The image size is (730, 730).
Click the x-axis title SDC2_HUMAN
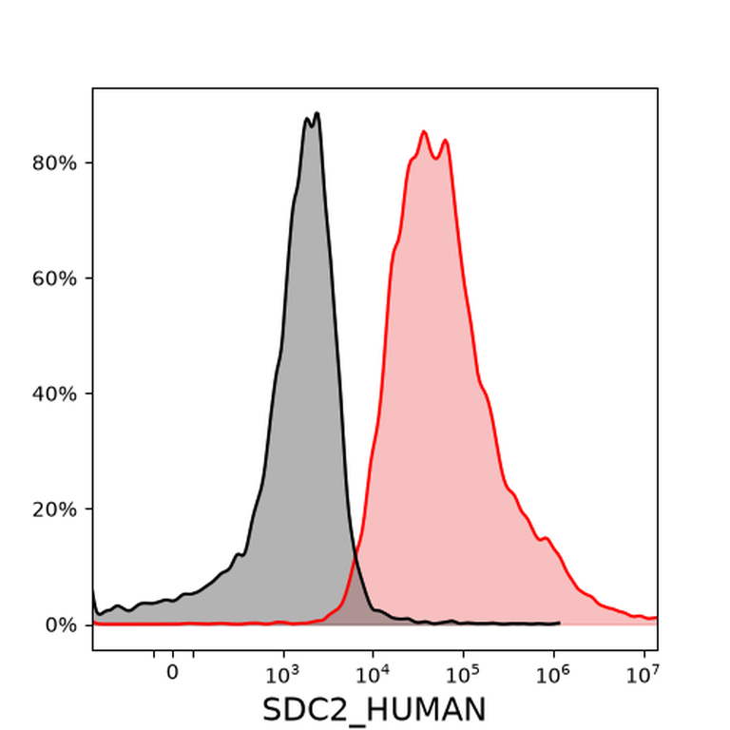click(x=374, y=709)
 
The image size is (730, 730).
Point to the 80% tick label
click(x=54, y=163)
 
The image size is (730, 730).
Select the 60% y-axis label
click(x=54, y=279)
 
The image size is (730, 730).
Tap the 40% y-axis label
click(x=54, y=394)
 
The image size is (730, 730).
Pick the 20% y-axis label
click(x=54, y=509)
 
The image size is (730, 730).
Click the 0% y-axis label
click(x=61, y=625)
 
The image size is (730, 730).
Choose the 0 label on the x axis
click(x=173, y=672)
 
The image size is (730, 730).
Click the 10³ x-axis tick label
click(x=281, y=674)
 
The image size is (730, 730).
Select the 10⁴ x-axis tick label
click(x=372, y=674)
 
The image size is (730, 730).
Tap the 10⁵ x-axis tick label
click(x=462, y=674)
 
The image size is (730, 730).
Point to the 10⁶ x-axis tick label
click(x=552, y=674)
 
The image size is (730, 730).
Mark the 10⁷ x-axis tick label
click(x=643, y=674)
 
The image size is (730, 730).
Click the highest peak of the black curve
click(x=317, y=113)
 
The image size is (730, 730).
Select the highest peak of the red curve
click(x=424, y=132)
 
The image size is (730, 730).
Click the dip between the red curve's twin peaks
click(x=435, y=159)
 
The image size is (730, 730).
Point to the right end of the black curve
click(x=559, y=623)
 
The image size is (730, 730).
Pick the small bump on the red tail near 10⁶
click(x=547, y=538)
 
